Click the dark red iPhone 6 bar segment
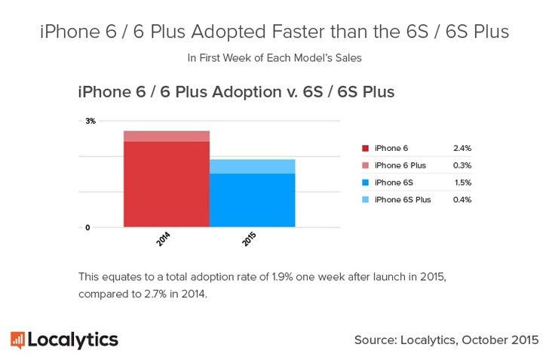click(167, 184)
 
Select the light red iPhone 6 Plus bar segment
click(167, 136)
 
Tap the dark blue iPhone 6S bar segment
click(253, 200)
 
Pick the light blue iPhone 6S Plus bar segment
click(253, 166)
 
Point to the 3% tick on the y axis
click(90, 121)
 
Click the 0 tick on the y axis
click(87, 227)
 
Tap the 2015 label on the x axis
click(250, 240)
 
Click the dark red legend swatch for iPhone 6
click(365, 148)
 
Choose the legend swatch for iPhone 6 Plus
click(365, 165)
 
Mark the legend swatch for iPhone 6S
click(365, 183)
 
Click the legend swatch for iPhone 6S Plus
click(365, 200)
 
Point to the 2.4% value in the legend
click(462, 148)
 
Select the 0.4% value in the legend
click(462, 200)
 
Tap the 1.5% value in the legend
click(462, 183)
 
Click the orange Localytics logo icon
click(17, 340)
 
